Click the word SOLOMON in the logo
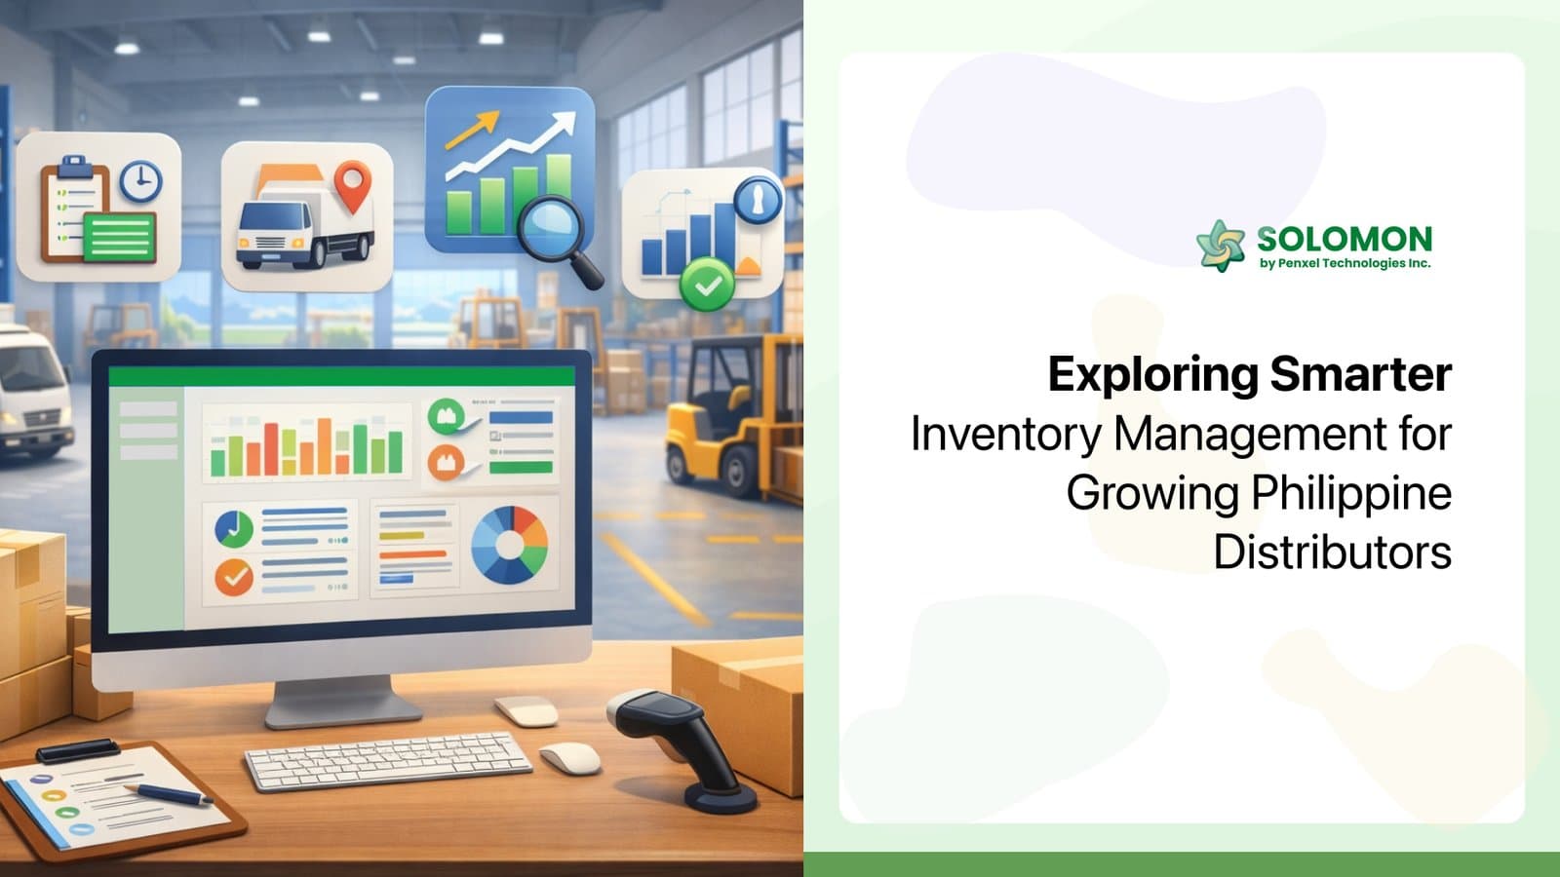point(1344,239)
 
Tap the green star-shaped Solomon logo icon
point(1221,245)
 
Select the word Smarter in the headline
point(1361,374)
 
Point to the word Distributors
point(1332,553)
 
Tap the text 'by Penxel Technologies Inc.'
point(1345,263)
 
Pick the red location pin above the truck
point(352,185)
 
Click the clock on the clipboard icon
point(140,181)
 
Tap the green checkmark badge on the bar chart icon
point(707,285)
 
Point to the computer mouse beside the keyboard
point(569,757)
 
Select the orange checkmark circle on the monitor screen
point(234,577)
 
